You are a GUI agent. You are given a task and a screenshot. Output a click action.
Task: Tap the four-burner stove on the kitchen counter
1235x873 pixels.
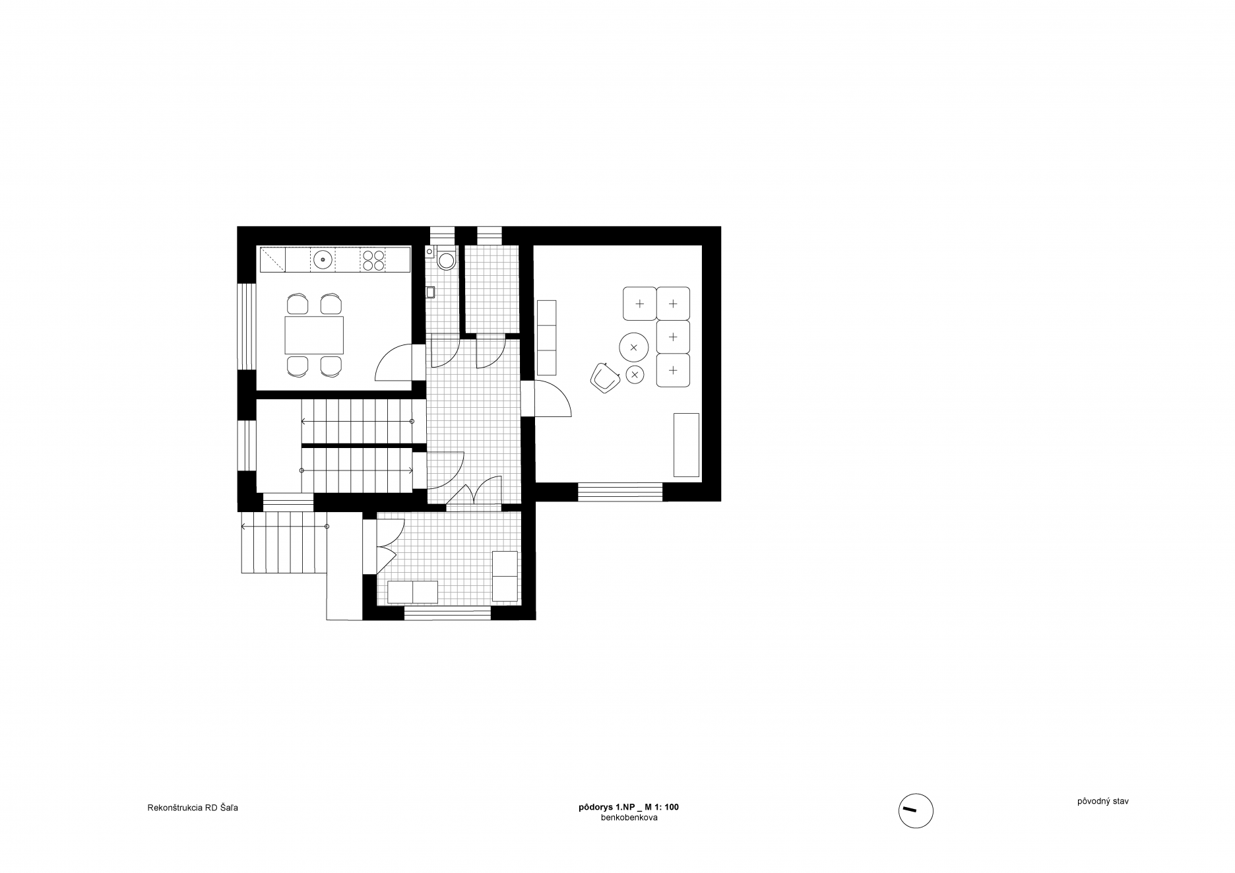point(373,259)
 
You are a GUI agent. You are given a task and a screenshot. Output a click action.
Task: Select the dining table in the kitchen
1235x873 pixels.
point(314,335)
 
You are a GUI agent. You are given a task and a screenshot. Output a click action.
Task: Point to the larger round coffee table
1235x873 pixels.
point(633,347)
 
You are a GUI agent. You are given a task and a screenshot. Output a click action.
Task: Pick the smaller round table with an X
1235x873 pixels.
point(635,375)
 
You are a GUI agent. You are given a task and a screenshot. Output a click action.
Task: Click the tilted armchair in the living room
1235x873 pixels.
point(605,378)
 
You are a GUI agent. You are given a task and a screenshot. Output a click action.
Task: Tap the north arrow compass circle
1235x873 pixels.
point(916,810)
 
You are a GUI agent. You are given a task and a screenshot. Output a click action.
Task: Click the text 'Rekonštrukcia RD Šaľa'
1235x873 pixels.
point(193,808)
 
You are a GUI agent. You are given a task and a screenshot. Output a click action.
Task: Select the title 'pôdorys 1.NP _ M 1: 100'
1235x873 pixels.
point(629,807)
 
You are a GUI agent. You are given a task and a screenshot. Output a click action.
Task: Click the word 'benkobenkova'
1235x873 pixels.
point(629,818)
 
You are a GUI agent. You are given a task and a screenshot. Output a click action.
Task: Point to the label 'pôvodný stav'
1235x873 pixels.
point(1102,802)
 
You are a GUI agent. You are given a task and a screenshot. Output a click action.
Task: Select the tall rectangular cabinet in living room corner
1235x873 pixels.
point(686,445)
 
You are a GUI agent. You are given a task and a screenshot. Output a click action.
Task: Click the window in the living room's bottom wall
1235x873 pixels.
point(620,492)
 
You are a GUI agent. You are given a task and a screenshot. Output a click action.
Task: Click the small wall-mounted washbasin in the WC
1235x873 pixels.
point(431,292)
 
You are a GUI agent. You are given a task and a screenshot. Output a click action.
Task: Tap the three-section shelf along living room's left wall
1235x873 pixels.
point(548,337)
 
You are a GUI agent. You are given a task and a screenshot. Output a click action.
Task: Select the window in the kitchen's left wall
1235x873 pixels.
point(246,327)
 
